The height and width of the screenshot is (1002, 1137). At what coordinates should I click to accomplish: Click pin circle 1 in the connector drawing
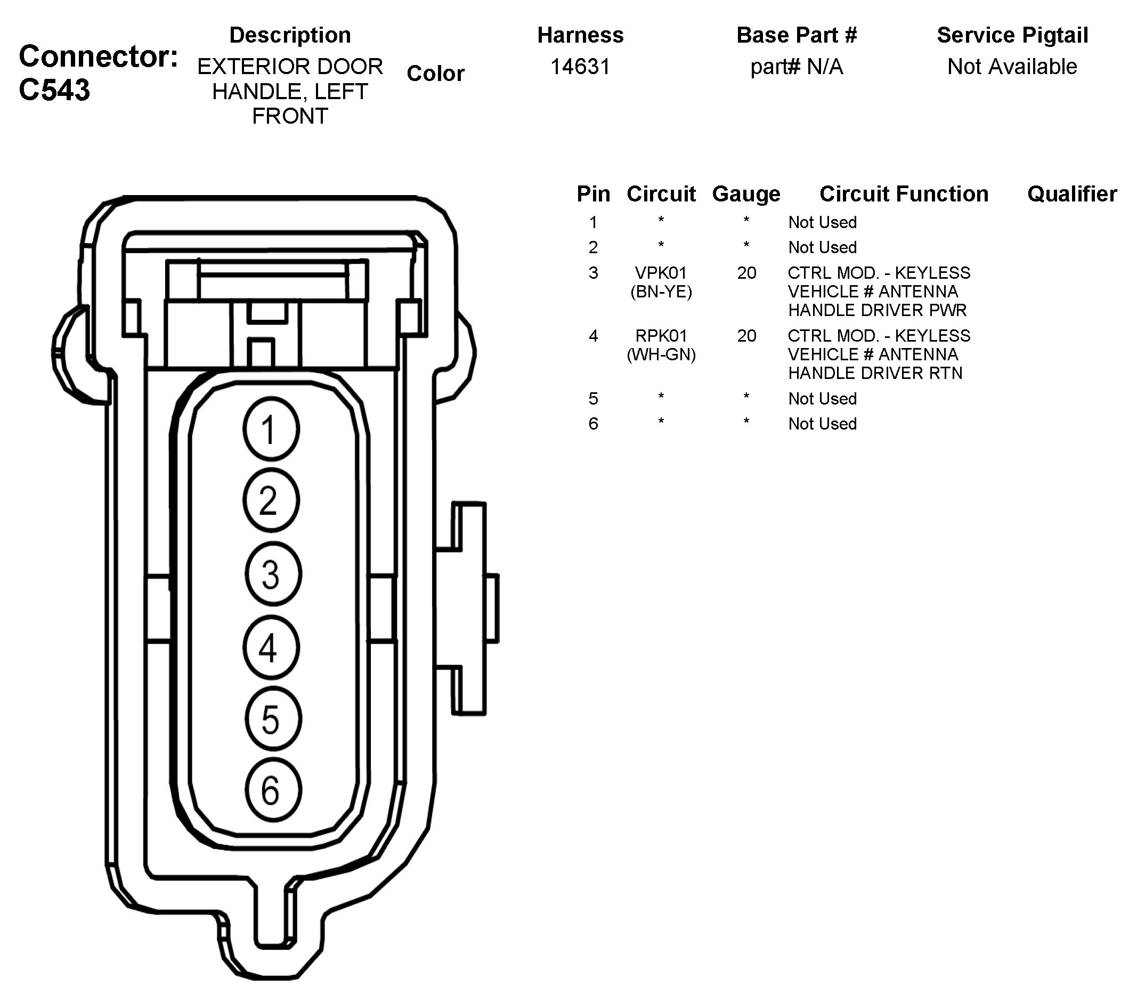coord(271,429)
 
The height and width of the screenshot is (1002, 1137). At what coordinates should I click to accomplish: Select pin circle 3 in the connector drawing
coord(273,574)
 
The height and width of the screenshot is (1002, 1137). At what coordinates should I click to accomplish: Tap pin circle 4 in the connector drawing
coord(271,647)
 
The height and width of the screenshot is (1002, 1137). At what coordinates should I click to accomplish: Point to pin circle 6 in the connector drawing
coord(273,790)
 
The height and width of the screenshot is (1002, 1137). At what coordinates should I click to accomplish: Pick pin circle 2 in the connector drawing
coord(271,500)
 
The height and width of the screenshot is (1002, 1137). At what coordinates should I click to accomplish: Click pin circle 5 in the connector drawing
coord(273,719)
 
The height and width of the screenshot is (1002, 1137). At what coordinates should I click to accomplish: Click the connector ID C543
coord(54,90)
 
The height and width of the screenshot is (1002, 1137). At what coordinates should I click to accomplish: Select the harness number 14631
coord(580,67)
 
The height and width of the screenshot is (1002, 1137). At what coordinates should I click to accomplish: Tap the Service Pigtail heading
coord(1012,35)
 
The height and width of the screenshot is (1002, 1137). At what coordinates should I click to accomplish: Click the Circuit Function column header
coord(904,193)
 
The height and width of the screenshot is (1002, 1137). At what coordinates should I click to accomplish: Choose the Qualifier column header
coord(1071,193)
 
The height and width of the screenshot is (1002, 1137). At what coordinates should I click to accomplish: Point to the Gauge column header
coord(745,193)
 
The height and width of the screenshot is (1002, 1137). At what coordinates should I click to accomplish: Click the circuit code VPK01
coord(661,272)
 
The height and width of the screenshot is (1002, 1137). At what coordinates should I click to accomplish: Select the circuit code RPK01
coord(661,335)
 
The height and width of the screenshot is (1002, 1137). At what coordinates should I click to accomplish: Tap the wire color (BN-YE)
coord(661,292)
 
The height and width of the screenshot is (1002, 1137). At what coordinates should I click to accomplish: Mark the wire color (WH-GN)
coord(661,354)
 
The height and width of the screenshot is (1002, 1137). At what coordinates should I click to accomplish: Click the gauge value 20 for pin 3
coord(746,272)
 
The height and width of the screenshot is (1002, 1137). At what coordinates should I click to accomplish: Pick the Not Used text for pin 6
coord(822,423)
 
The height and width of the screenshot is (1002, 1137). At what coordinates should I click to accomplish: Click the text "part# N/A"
coord(796,67)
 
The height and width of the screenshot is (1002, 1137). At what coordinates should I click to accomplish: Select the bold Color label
coord(435,74)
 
